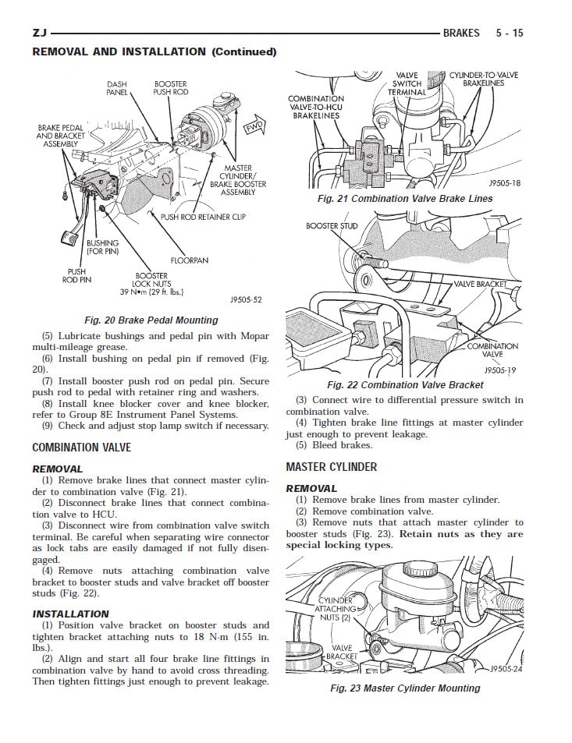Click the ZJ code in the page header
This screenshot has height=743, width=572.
point(39,34)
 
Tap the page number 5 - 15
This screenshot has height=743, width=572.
point(509,34)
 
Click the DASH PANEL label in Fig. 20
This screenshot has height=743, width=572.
point(117,88)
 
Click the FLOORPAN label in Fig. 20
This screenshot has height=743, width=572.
point(190,260)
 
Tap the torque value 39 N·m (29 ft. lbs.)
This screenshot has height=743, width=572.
point(151,292)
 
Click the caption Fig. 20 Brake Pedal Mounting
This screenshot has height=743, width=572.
point(151,320)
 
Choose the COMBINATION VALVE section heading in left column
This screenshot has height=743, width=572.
point(81,448)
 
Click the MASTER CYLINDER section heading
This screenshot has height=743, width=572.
point(331,467)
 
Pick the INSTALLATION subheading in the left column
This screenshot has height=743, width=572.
point(70,614)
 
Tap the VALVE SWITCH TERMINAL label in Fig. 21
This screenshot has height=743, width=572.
point(407,83)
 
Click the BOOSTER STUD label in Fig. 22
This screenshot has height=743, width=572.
point(332,226)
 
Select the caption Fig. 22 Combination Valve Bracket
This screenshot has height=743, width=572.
point(405,384)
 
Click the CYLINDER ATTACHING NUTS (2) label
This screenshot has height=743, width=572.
point(336,608)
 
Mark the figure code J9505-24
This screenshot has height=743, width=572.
point(506,669)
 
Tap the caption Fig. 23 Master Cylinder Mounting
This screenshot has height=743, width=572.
point(405,688)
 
